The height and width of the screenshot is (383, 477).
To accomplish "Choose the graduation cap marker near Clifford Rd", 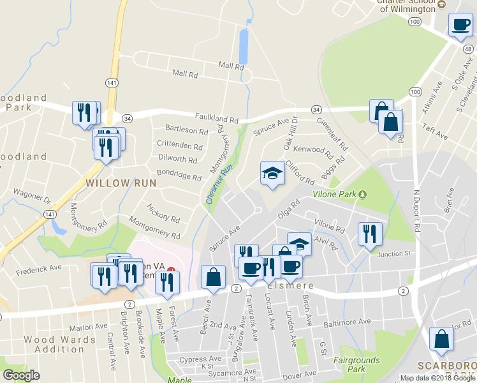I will pyautogui.click(x=272, y=173).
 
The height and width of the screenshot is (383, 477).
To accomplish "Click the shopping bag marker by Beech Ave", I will pyautogui.click(x=213, y=277).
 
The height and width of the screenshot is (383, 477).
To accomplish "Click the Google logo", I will pyautogui.click(x=20, y=375).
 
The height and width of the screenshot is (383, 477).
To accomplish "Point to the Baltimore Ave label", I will pyautogui.click(x=346, y=322).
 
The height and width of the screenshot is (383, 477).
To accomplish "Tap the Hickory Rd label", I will pyautogui.click(x=163, y=213).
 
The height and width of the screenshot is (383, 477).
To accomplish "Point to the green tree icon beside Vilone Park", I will pyautogui.click(x=363, y=194).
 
